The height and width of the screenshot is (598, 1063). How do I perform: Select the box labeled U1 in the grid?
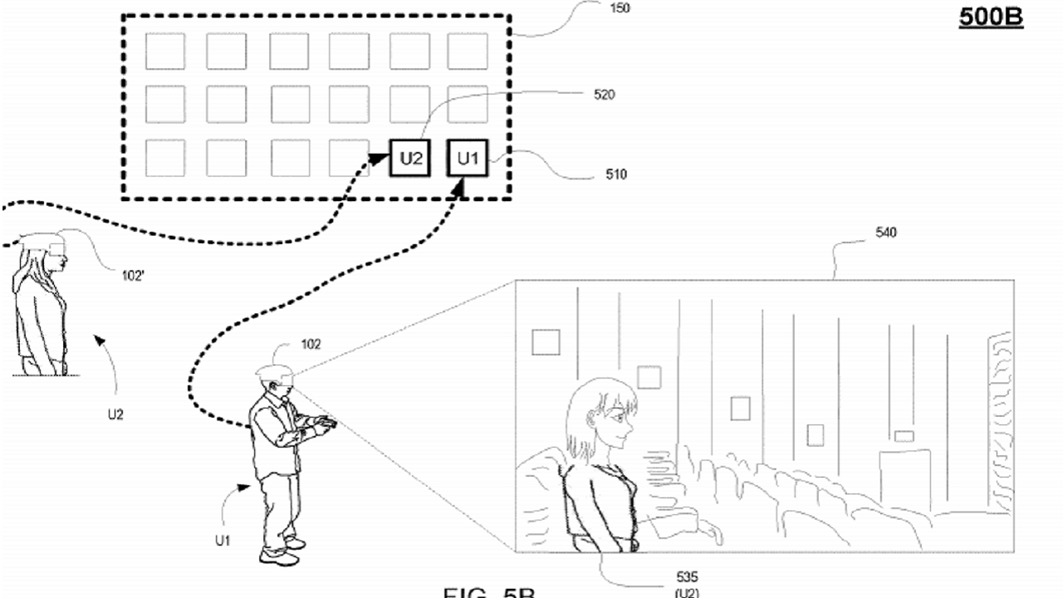coord(469,158)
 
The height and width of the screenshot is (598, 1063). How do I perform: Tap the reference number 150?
coord(620,9)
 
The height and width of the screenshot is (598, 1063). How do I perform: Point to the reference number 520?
coord(605,95)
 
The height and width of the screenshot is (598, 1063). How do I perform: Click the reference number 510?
coord(616,174)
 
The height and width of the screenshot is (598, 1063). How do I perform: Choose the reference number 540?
coord(886,233)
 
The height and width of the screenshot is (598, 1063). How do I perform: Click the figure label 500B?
coord(991,17)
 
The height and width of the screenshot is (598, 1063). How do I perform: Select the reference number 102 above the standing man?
coord(311,345)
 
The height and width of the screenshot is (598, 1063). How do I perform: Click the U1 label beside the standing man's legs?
coord(222,540)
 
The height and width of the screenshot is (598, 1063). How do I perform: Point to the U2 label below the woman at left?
coord(115,414)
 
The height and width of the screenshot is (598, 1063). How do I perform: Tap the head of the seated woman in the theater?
coord(604,415)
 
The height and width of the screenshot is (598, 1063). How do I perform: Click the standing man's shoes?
coord(280,552)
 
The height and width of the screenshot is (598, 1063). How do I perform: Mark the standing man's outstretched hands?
coord(324,425)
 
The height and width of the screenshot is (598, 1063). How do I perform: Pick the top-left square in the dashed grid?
coord(165,51)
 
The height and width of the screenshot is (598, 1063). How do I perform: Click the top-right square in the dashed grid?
coord(468,51)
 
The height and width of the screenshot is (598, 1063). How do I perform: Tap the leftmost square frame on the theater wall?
coord(546,342)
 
